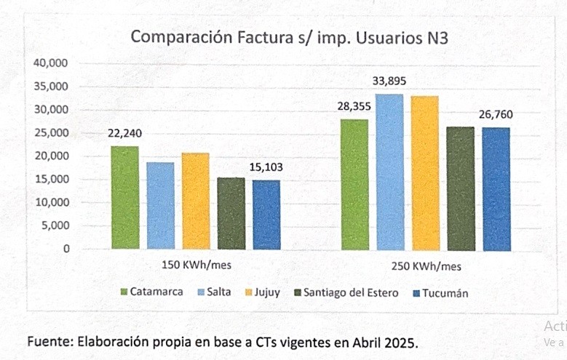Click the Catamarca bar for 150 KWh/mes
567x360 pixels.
click(x=124, y=198)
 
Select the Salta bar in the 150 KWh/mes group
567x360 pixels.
click(x=160, y=206)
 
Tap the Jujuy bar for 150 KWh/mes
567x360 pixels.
click(x=196, y=201)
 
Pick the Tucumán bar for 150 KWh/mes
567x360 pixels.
click(x=266, y=215)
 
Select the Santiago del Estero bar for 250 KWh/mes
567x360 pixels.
click(x=460, y=188)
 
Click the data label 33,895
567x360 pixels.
click(x=389, y=81)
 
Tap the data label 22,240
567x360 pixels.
click(x=124, y=133)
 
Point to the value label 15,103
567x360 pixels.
click(x=267, y=168)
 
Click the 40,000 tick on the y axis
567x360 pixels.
click(x=51, y=63)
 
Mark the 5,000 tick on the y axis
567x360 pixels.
click(x=55, y=225)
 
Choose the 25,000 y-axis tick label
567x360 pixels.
click(x=51, y=133)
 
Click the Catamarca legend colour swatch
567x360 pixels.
click(x=124, y=292)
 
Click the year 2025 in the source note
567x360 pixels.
click(x=401, y=342)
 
